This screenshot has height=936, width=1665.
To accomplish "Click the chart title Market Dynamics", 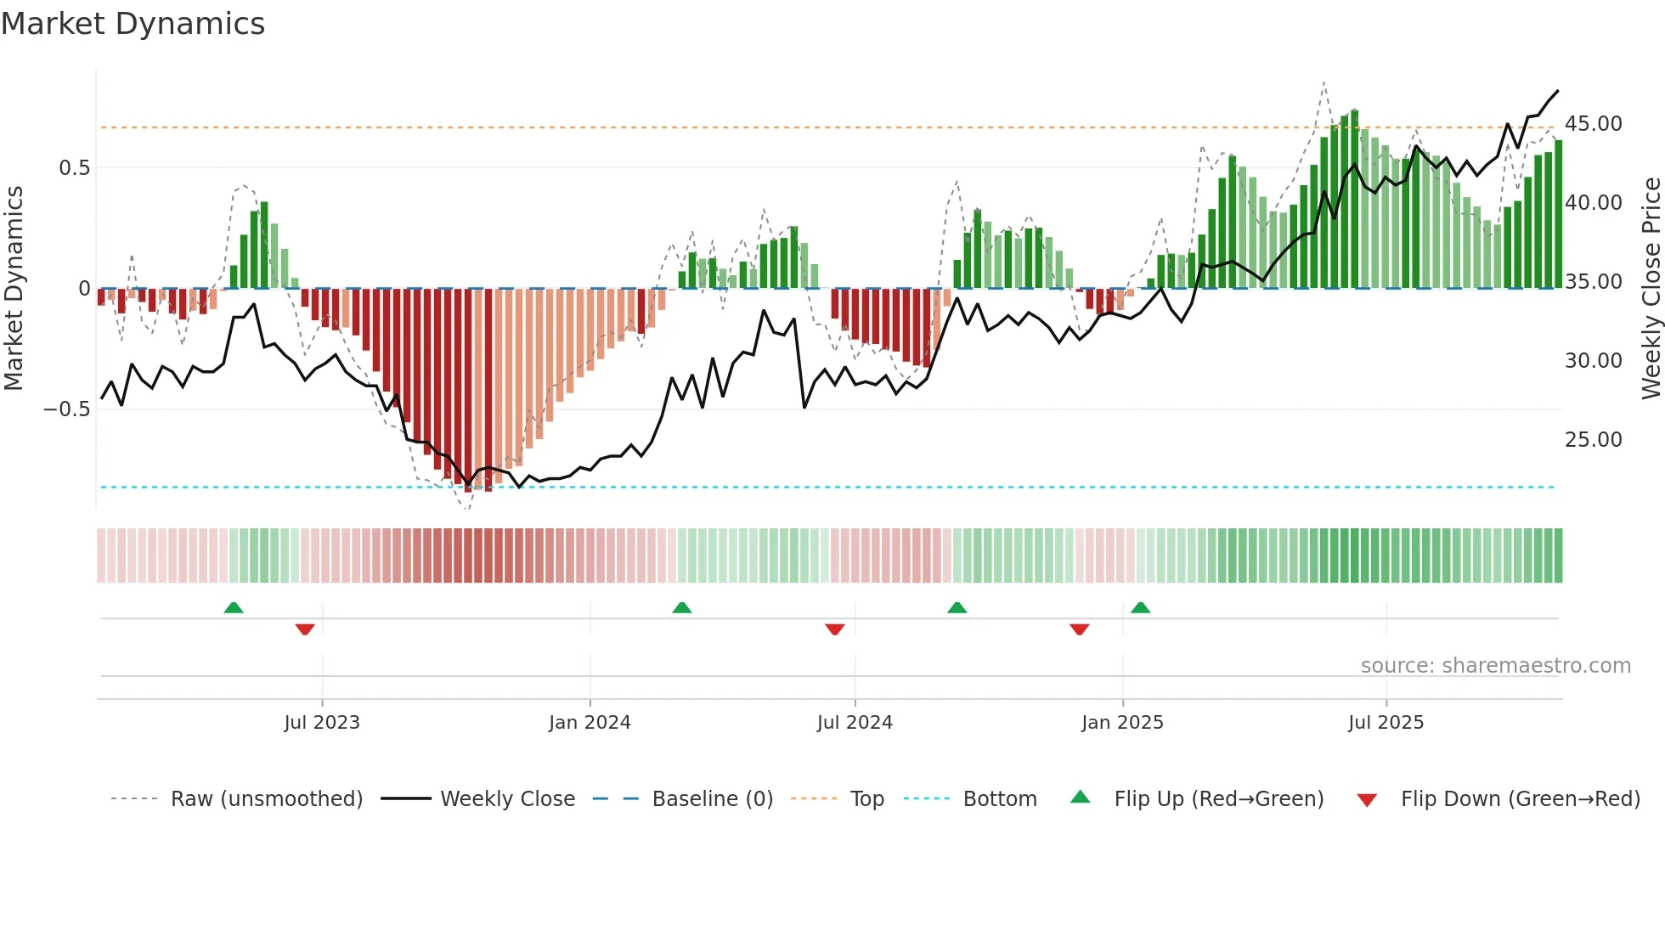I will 133,24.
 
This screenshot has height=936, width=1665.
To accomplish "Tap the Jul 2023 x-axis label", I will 322,723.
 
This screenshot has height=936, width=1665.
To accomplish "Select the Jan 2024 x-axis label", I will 590,723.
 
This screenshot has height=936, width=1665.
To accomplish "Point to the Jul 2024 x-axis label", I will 855,723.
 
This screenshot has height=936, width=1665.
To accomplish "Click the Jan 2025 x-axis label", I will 1122,723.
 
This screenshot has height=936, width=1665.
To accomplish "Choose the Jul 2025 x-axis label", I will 1386,723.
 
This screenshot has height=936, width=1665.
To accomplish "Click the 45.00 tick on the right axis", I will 1593,124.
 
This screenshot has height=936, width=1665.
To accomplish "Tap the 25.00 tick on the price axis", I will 1593,440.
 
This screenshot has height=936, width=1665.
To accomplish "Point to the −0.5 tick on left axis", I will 67,409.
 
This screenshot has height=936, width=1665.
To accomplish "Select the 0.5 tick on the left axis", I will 74,168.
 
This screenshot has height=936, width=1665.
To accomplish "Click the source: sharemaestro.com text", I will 1495,666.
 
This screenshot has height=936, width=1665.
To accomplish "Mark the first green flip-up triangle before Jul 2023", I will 234,607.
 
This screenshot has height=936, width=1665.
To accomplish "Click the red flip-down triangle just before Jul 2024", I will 834,629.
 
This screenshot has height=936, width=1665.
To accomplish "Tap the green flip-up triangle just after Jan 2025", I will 1141,607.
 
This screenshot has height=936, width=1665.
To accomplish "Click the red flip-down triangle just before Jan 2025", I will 1079,629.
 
